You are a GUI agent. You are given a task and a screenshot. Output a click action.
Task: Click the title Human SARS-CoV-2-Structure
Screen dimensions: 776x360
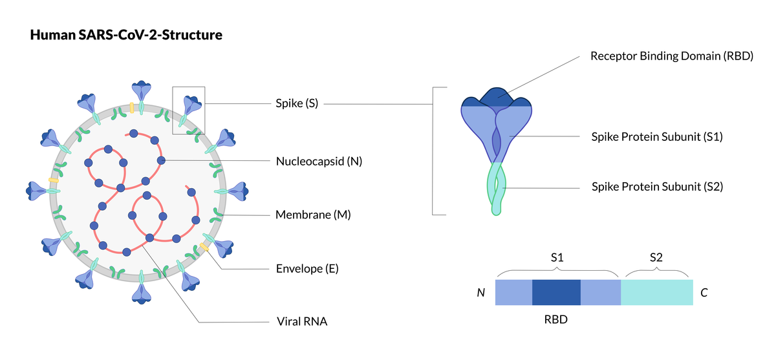[x=126, y=35]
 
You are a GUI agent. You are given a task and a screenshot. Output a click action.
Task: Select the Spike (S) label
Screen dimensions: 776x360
[x=297, y=103]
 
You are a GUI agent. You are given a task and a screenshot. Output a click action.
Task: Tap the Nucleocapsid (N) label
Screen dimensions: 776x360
[x=319, y=162]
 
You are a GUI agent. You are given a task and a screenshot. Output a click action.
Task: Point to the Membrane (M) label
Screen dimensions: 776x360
[x=313, y=215]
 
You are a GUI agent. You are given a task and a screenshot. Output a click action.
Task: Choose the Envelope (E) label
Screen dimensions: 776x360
[x=307, y=269]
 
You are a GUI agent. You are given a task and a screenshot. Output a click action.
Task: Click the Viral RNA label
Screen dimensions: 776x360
[x=302, y=322]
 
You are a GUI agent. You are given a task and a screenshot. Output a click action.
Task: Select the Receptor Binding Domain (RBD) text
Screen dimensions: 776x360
[x=672, y=56]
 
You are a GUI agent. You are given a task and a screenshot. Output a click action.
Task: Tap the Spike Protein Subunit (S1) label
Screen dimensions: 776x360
[x=657, y=137]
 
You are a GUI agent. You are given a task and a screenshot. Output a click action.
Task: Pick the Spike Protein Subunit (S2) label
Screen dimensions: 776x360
[x=658, y=187]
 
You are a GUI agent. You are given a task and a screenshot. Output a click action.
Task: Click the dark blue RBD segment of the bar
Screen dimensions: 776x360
[x=556, y=293]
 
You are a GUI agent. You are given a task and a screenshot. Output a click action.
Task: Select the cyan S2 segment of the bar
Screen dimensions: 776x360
[x=657, y=293]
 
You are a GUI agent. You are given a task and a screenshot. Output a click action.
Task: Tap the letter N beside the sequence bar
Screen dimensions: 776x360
[x=481, y=293]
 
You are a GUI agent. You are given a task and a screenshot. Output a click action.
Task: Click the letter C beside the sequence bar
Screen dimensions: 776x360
[x=704, y=293]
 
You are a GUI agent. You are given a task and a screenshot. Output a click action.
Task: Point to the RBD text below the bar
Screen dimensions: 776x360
[x=556, y=319]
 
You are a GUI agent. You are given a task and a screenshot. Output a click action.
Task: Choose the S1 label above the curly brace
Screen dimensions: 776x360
[x=557, y=257]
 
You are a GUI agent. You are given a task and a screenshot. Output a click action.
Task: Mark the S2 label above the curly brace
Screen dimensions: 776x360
[x=656, y=257]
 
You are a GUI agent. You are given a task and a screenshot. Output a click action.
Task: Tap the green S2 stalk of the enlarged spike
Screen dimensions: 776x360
[x=497, y=189]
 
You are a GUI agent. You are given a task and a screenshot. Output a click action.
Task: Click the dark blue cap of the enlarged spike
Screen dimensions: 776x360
[x=497, y=98]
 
